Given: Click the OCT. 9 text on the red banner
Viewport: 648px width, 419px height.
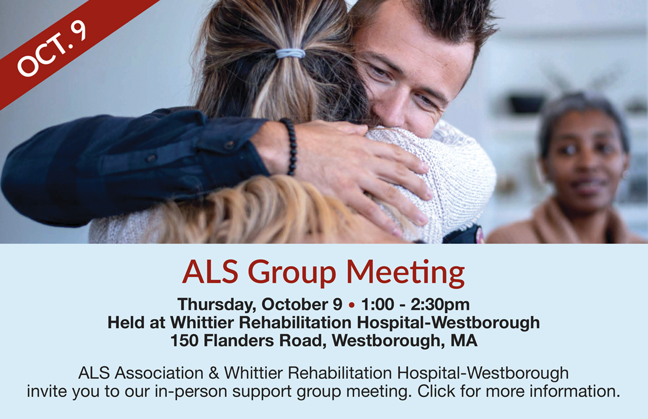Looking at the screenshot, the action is pos(52,49).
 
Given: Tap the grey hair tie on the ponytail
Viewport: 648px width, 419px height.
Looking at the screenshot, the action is pos(290,53).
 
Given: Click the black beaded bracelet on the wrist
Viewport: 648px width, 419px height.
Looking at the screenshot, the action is pos(290,146).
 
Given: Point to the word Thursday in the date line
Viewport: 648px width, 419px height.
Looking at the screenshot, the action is pos(217,305).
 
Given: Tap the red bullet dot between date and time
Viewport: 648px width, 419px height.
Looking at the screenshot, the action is pos(352,305).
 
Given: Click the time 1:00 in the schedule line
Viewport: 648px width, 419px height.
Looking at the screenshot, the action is pos(377,305).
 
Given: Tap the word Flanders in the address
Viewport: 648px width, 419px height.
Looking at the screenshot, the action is pos(238,340).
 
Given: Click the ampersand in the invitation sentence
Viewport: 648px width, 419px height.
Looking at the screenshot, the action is pos(213,373).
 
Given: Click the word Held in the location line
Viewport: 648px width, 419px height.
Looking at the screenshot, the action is pos(126,322).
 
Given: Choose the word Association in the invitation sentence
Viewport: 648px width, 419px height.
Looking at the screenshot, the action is pos(159,373).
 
